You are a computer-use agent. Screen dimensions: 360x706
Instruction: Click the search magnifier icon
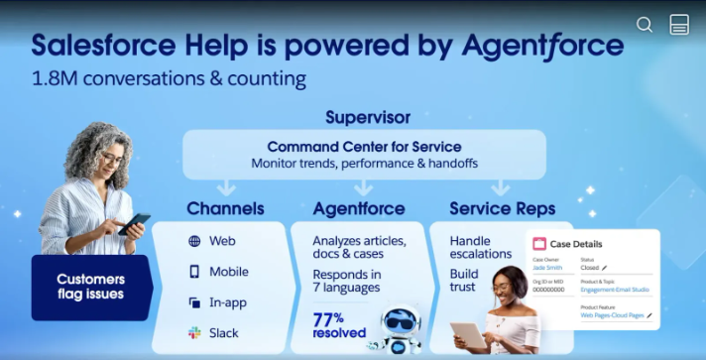645,25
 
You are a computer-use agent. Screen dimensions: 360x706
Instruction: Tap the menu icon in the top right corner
679,25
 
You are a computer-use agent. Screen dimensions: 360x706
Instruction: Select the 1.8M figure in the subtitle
58,77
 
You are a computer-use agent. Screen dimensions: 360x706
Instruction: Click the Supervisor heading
367,117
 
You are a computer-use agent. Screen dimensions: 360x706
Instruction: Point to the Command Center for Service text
364,146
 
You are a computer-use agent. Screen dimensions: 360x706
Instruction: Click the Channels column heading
225,208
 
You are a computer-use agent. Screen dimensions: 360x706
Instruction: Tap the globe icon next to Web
194,241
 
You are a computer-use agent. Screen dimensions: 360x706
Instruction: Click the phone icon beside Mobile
194,272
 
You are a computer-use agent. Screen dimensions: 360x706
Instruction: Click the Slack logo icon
194,333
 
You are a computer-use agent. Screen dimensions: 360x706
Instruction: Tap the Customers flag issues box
90,288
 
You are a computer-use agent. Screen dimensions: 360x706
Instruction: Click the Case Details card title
575,244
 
